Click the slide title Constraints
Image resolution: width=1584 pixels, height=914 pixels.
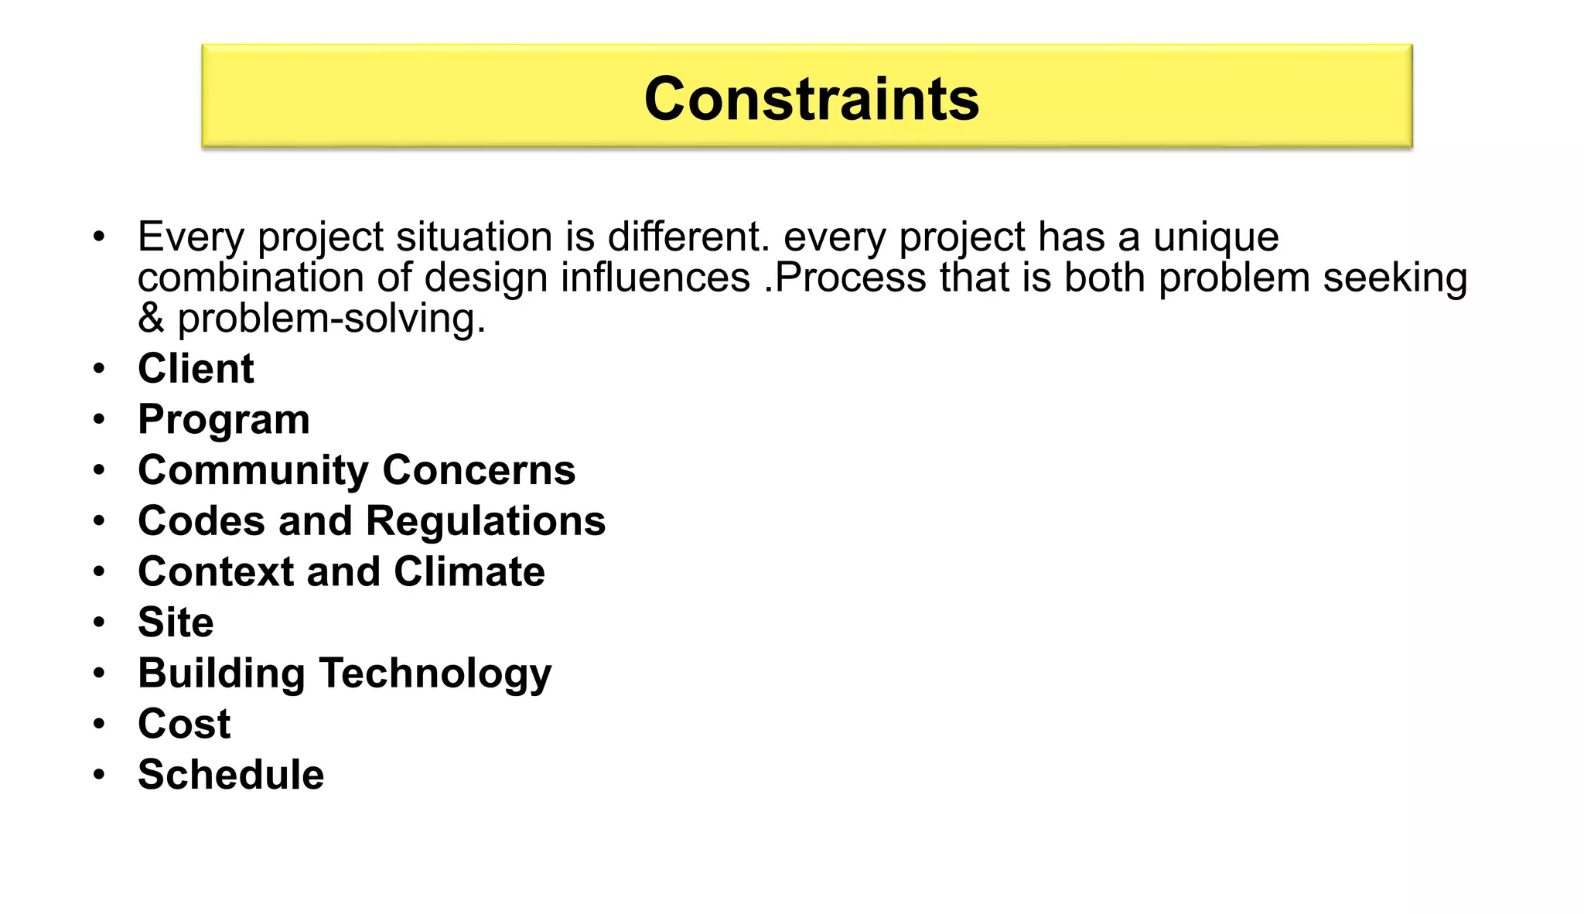tap(811, 99)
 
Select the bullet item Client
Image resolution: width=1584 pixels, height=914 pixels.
tap(196, 368)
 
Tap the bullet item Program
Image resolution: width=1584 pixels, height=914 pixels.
tap(224, 420)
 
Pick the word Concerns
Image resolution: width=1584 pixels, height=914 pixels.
tap(479, 470)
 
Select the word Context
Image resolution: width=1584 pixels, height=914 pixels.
tap(216, 571)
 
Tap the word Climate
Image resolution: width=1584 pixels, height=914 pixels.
tap(469, 571)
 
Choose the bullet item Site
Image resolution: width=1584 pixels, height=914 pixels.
tap(176, 622)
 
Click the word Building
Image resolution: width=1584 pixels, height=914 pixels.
tap(221, 674)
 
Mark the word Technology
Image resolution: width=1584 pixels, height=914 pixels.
tap(435, 674)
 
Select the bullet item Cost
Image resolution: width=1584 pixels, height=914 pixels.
tap(184, 724)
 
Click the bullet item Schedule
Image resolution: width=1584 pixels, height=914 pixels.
tap(230, 775)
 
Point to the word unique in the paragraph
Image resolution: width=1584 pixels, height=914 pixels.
tap(1216, 237)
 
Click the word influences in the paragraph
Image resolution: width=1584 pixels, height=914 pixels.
tap(655, 278)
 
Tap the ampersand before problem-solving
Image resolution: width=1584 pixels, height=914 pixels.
tap(151, 319)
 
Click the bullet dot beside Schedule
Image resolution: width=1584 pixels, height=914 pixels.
tap(98, 774)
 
